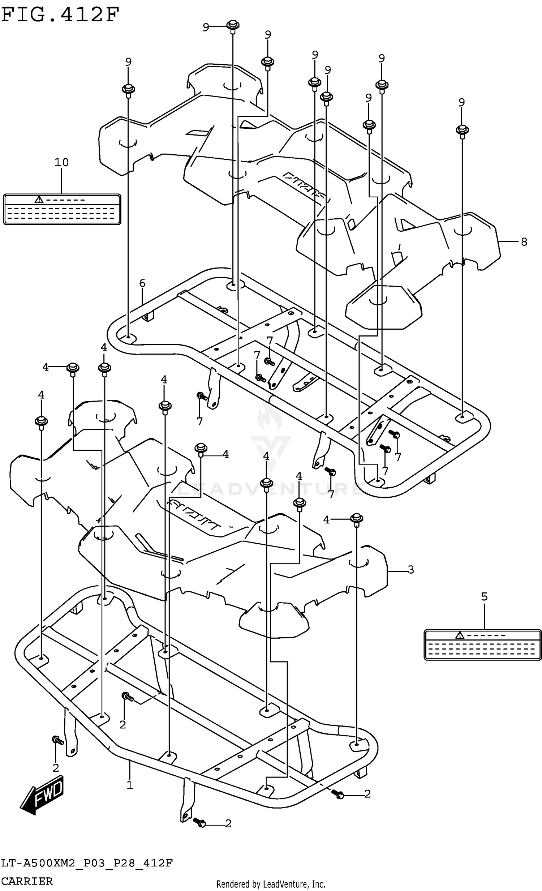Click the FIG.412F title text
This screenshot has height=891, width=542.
coord(60,14)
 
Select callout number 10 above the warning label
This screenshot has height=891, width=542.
coord(61,162)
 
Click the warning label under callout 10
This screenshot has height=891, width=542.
coord(62,209)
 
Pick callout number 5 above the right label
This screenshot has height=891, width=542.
coord(484,596)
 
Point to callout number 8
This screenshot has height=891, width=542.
coord(524,241)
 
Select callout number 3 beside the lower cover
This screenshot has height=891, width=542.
coord(410,570)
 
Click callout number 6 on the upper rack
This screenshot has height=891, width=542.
coord(142,283)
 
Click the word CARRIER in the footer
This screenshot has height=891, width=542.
coord(27,881)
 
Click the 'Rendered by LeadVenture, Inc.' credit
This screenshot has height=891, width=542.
coord(270,884)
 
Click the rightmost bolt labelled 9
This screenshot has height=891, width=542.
coord(462,130)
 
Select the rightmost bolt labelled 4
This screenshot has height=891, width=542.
coord(357,519)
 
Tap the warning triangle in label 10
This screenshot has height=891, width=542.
coord(39,200)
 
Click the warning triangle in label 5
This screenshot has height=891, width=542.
coord(459,635)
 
